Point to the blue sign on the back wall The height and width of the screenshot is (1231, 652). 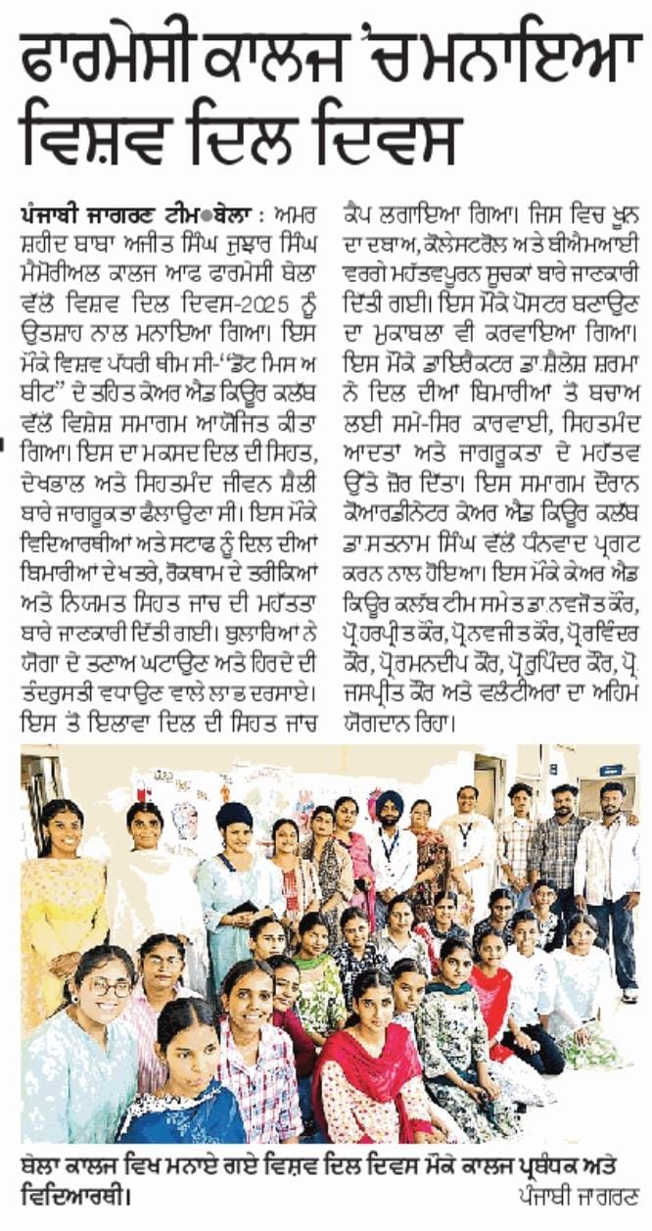coord(611,771)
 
